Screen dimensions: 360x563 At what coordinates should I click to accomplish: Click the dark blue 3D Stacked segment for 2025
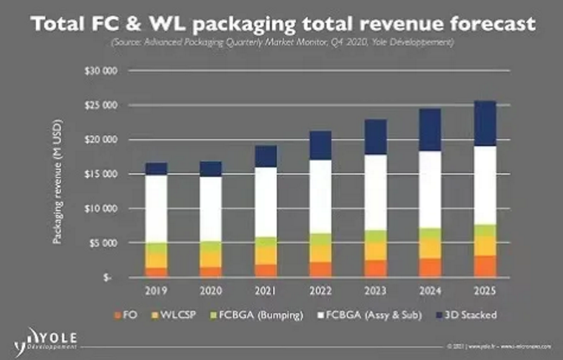click(484, 123)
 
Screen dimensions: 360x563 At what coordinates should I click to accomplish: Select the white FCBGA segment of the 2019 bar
click(157, 208)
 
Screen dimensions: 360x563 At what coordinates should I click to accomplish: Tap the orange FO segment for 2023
click(375, 268)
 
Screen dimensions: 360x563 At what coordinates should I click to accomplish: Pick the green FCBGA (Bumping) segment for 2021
click(266, 241)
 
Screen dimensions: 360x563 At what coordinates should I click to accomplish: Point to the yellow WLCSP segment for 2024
click(430, 249)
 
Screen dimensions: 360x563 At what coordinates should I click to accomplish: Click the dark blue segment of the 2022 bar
click(321, 145)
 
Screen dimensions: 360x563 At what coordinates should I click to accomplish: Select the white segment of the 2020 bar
click(211, 208)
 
